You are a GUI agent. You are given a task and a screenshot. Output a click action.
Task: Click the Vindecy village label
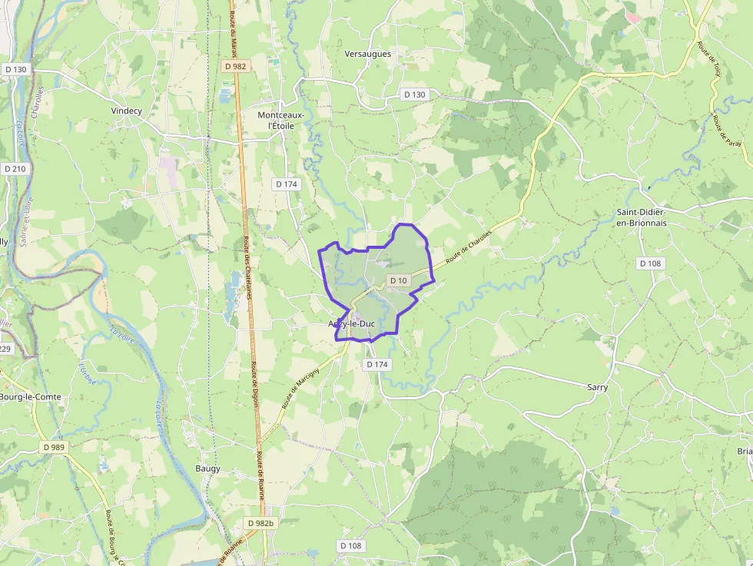click(x=127, y=111)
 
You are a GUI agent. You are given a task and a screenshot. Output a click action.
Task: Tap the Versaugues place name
click(x=368, y=54)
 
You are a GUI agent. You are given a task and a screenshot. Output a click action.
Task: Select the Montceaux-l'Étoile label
click(x=280, y=120)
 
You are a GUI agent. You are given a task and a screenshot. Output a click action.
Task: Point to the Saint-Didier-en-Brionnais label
click(x=642, y=217)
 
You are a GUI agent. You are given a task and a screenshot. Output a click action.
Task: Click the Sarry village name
click(x=597, y=387)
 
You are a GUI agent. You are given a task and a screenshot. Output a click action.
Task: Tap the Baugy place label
click(x=207, y=468)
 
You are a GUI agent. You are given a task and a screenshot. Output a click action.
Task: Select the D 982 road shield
click(x=236, y=66)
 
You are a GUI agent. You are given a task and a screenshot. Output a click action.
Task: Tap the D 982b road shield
click(x=261, y=523)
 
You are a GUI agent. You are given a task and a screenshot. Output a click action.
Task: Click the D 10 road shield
click(x=398, y=281)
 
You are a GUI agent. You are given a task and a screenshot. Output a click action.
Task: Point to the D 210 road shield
click(x=15, y=168)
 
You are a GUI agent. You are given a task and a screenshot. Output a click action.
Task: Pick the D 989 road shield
click(x=55, y=447)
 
